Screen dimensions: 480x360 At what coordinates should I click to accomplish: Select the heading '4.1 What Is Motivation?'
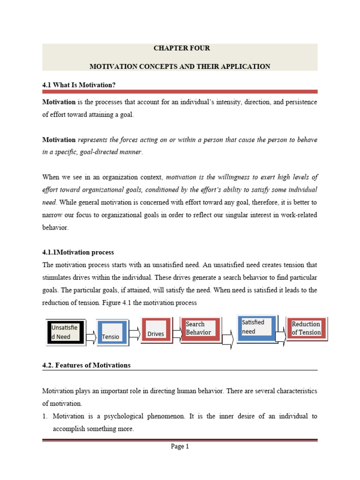(79, 84)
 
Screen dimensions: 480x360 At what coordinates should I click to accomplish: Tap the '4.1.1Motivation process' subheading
(78, 252)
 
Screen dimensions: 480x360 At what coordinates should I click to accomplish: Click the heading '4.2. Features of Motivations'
(86, 365)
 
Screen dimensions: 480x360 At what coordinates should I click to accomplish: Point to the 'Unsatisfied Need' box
(66, 332)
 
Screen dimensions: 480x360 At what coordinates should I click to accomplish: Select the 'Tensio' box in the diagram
(112, 333)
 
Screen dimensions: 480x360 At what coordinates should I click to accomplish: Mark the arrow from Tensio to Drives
(134, 333)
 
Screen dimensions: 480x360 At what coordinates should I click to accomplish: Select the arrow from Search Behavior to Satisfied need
(228, 340)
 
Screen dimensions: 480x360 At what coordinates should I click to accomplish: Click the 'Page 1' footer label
(180, 447)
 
